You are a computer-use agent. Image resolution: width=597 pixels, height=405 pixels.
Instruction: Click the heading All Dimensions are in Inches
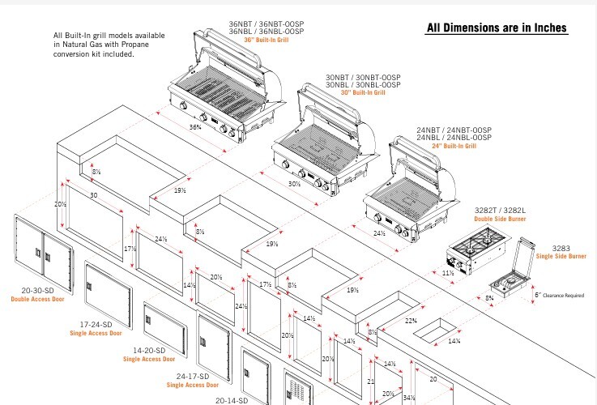(497, 28)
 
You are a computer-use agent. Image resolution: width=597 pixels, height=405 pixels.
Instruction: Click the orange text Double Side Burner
(497, 219)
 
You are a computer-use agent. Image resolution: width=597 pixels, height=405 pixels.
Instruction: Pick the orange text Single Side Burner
(561, 257)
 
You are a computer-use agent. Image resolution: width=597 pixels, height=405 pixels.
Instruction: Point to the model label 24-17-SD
(193, 377)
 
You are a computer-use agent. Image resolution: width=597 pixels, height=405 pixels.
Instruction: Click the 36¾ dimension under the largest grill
(195, 127)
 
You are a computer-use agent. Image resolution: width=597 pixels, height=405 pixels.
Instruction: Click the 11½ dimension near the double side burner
(448, 273)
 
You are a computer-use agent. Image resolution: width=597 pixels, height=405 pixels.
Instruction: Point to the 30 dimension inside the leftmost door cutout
(94, 197)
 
